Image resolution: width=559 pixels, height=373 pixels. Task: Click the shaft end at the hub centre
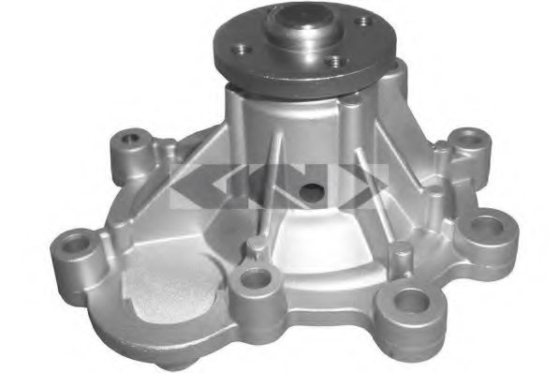[302, 21]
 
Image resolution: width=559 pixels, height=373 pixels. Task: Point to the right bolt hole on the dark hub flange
[360, 22]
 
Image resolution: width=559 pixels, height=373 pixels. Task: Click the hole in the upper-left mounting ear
[131, 142]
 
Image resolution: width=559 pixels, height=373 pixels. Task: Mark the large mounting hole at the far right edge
[489, 227]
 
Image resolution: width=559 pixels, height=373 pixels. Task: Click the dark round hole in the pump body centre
[311, 192]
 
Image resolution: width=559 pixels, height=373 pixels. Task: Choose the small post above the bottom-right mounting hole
[400, 252]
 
